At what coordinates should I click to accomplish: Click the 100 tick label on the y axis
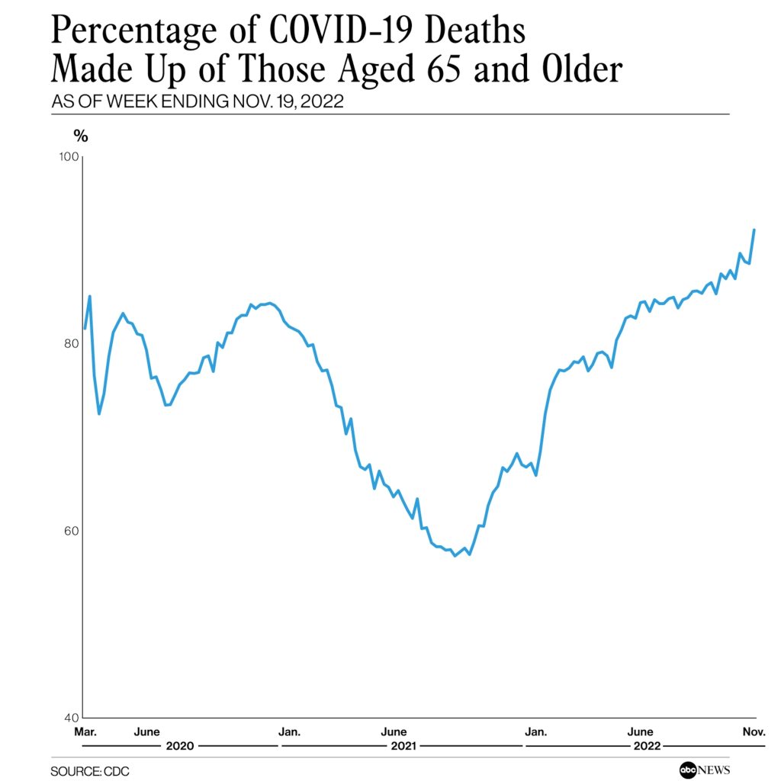tap(69, 156)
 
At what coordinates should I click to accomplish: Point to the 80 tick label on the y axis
tap(71, 343)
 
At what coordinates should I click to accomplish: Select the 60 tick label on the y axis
tap(71, 531)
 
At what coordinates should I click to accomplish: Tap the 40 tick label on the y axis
tap(71, 718)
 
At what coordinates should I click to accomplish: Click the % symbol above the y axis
tap(80, 136)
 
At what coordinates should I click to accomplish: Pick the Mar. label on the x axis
tap(84, 732)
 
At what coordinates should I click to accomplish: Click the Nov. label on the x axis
tap(754, 732)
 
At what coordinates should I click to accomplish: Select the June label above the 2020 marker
tap(146, 732)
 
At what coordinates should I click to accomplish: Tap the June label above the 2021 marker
tap(394, 732)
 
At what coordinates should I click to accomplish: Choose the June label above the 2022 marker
tap(638, 732)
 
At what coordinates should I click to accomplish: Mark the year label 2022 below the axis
tap(646, 746)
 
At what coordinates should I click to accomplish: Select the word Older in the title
tap(578, 70)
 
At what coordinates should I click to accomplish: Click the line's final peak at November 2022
tap(754, 230)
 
